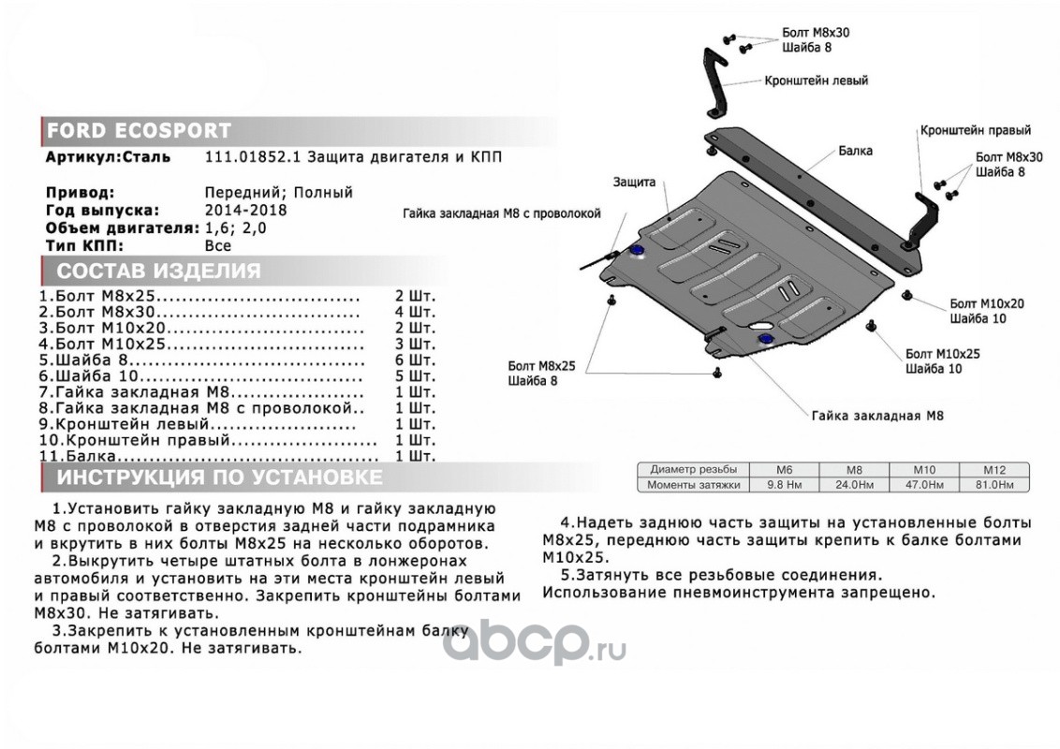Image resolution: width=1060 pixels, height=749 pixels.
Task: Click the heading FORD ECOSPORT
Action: [x=139, y=130]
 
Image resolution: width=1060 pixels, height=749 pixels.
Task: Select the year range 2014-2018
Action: [x=246, y=211]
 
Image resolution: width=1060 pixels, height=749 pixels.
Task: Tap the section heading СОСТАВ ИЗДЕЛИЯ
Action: [x=159, y=272]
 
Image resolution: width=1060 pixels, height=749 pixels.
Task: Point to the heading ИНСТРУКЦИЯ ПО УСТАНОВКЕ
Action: [x=220, y=477]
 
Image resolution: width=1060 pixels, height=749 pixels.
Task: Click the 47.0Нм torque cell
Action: [x=924, y=485]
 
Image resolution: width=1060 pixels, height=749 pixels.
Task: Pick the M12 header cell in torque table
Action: [x=994, y=470]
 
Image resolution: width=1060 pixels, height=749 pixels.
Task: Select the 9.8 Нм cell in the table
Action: [x=784, y=485]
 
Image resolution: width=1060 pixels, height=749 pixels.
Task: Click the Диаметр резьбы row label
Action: [x=694, y=469]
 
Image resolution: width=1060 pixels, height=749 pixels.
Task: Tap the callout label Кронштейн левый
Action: [x=816, y=81]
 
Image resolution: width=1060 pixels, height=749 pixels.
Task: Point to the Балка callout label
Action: [x=855, y=151]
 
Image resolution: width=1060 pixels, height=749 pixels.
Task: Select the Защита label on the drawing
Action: [x=634, y=182]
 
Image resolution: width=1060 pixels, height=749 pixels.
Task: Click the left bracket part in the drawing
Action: [x=715, y=82]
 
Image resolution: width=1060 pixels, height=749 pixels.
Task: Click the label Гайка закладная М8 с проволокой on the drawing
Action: [x=502, y=213]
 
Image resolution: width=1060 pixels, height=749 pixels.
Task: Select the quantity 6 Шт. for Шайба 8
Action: [x=415, y=360]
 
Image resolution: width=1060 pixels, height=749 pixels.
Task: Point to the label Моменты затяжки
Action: [x=694, y=485]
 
